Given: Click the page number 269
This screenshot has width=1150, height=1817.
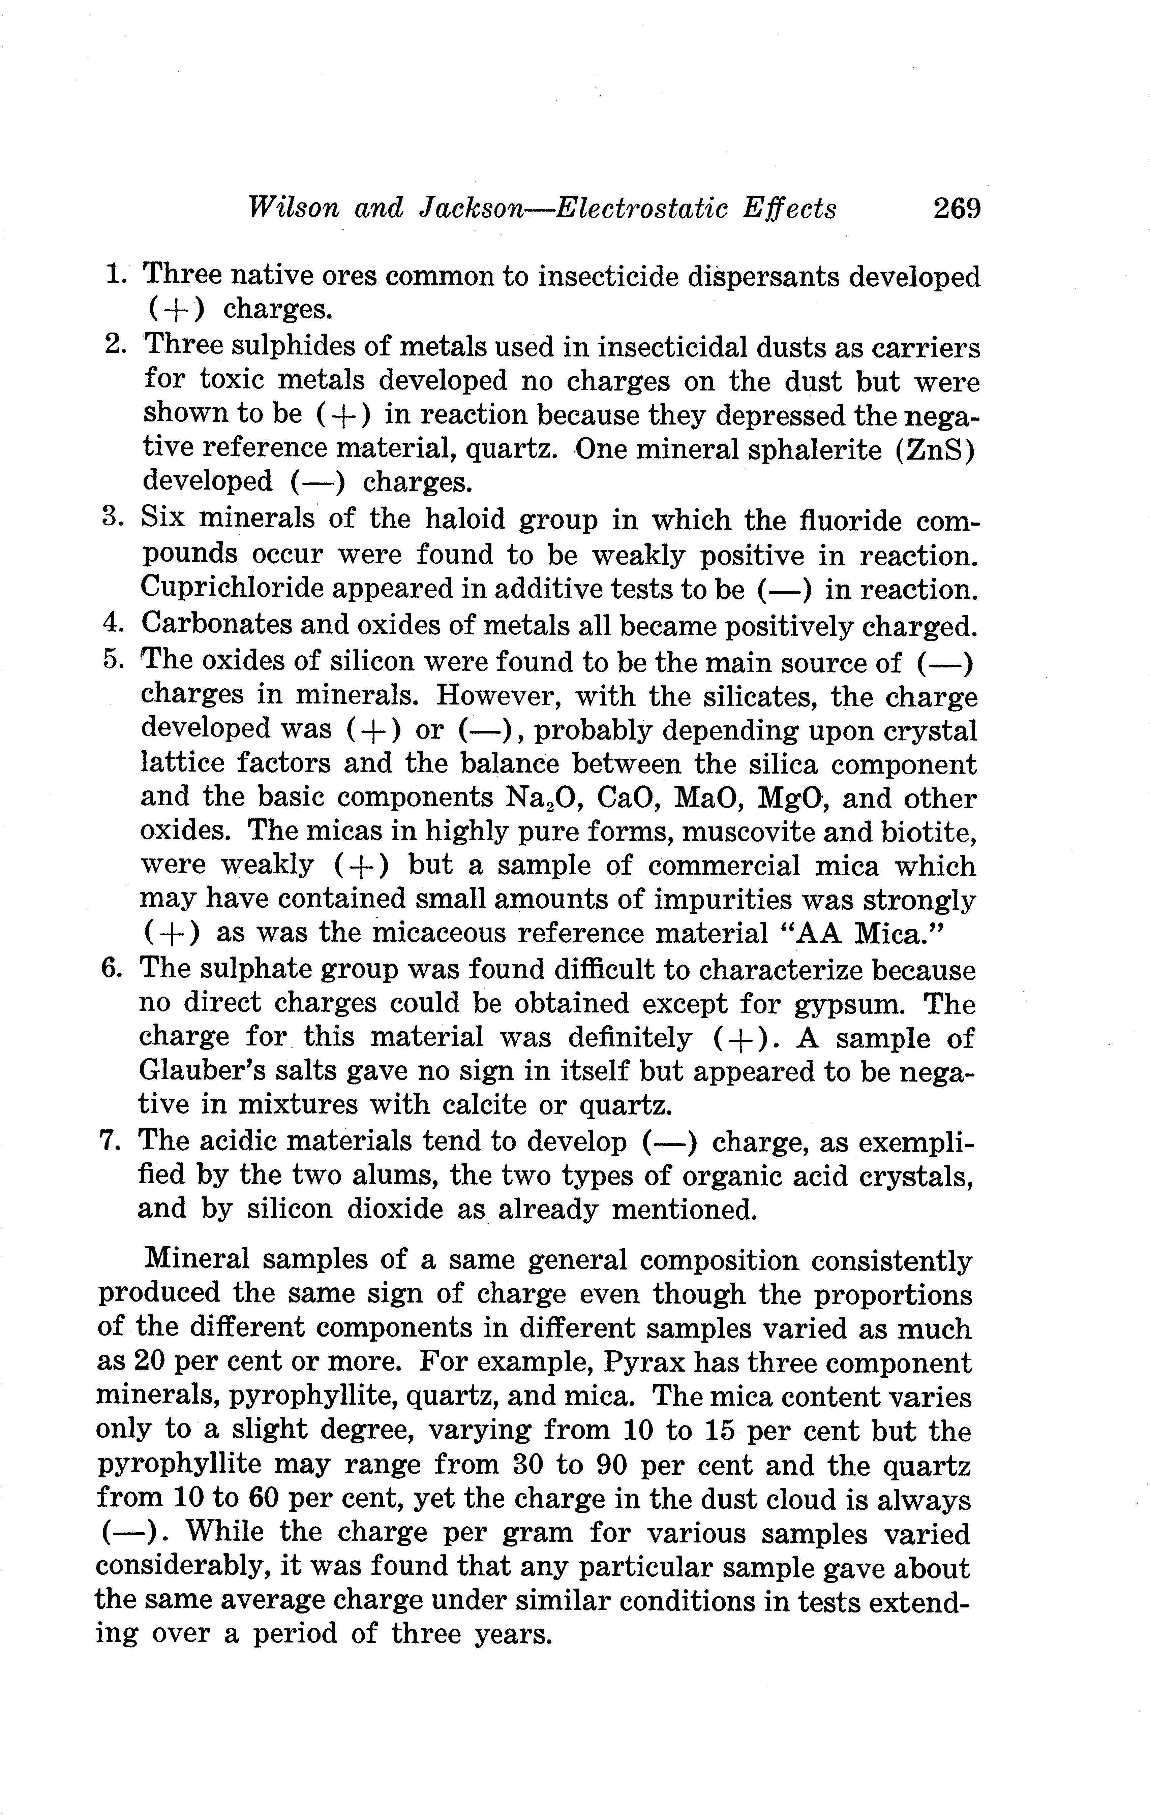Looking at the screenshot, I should (956, 208).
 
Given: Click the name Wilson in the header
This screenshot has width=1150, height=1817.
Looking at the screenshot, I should (293, 208).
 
